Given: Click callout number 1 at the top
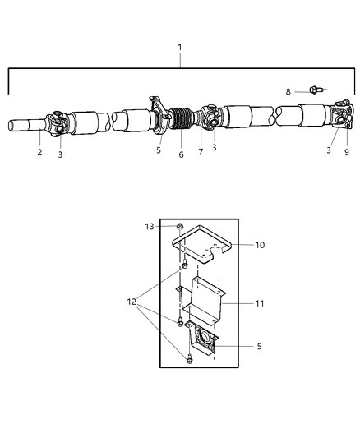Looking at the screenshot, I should tap(180, 48).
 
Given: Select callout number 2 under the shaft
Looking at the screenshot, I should tap(39, 152).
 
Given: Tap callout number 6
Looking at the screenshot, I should tap(182, 154).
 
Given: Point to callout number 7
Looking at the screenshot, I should tap(200, 153).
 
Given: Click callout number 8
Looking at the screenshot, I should tap(288, 92).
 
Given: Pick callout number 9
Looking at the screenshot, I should tap(346, 152).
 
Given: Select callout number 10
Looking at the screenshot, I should tap(261, 245).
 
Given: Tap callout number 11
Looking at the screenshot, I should tap(261, 303).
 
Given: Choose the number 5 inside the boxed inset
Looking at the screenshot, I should tap(260, 347).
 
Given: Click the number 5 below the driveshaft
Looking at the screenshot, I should tap(159, 151).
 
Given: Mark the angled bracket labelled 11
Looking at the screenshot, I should tap(205, 304).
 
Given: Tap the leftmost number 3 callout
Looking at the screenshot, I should tap(60, 153).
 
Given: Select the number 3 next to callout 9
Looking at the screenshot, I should tap(328, 151).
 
